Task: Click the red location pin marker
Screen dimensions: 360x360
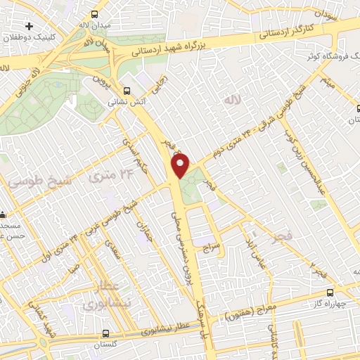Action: [181, 166]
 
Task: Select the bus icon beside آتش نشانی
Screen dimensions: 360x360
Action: [127, 90]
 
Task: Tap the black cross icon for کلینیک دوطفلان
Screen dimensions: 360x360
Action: [28, 26]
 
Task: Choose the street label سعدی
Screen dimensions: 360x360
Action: [112, 247]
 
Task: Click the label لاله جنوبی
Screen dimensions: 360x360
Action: [30, 73]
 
